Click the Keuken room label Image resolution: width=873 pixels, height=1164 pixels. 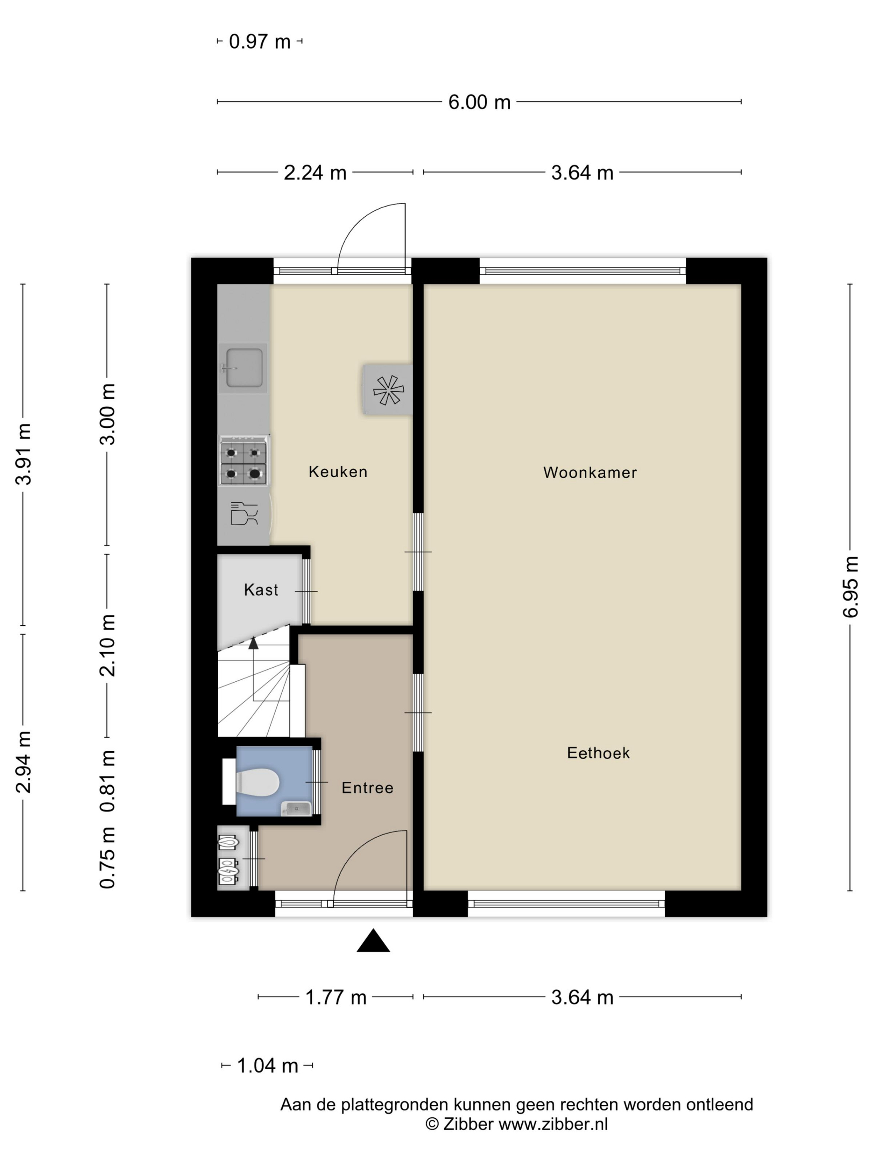[x=338, y=471]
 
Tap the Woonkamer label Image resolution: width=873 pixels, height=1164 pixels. [x=590, y=473]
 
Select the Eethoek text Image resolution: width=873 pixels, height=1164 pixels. [x=598, y=753]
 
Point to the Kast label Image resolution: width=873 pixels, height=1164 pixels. [x=261, y=590]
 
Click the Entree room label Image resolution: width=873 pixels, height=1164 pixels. [x=367, y=788]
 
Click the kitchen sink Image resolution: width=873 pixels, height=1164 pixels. [x=243, y=368]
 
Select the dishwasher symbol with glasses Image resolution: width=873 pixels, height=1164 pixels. [x=244, y=513]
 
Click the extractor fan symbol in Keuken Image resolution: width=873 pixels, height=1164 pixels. [x=388, y=390]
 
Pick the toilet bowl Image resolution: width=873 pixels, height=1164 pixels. [x=257, y=782]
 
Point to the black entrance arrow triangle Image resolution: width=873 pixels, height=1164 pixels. [x=373, y=940]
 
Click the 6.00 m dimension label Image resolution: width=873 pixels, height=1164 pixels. [x=479, y=102]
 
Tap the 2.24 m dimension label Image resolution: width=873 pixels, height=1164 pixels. [x=315, y=173]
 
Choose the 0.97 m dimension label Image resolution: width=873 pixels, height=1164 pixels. [x=260, y=42]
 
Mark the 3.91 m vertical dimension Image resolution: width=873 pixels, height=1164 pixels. [x=24, y=454]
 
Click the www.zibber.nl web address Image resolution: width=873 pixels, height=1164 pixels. [x=552, y=1124]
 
